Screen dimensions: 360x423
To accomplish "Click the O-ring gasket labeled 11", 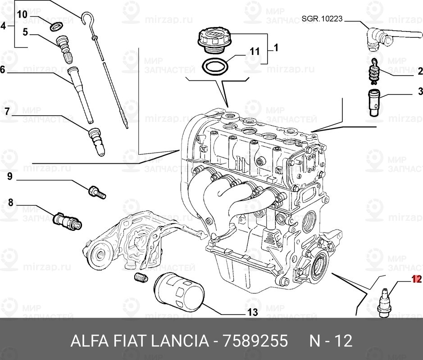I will tap(214, 67).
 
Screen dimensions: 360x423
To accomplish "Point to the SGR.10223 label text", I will tap(323, 18).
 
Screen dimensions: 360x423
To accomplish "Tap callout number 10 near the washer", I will tap(23, 14).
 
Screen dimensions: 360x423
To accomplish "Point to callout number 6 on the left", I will tap(3, 70).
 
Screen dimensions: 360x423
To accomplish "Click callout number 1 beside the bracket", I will tap(275, 47).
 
